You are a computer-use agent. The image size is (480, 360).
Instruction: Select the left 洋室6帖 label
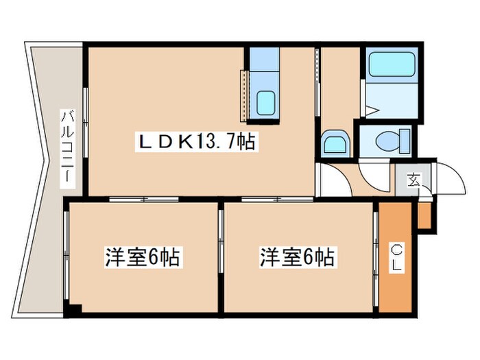(x=142, y=259)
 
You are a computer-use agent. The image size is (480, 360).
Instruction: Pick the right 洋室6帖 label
(x=296, y=259)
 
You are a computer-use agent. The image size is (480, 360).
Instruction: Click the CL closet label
(x=397, y=257)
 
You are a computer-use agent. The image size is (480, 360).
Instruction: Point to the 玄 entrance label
(x=414, y=180)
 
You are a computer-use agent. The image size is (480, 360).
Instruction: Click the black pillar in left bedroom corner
(x=75, y=309)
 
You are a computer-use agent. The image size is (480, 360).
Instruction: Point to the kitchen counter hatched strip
(x=243, y=94)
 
